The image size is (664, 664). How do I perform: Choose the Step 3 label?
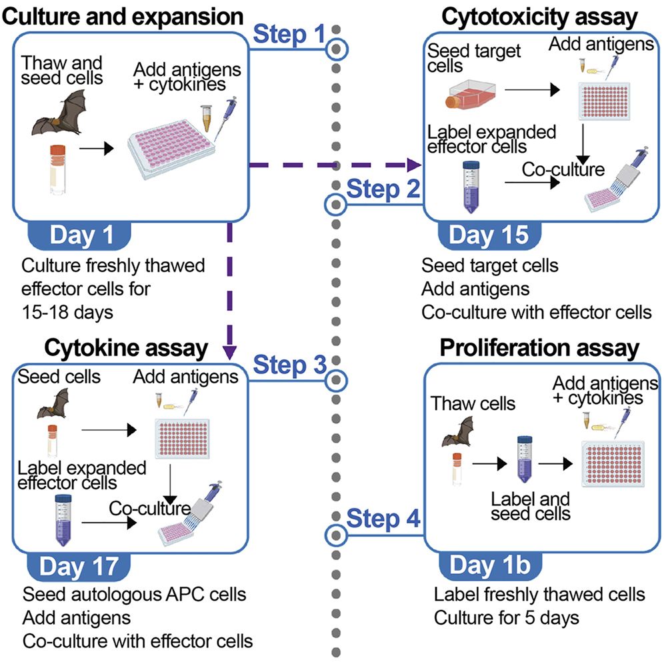click(289, 365)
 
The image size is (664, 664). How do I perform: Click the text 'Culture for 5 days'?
click(507, 617)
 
